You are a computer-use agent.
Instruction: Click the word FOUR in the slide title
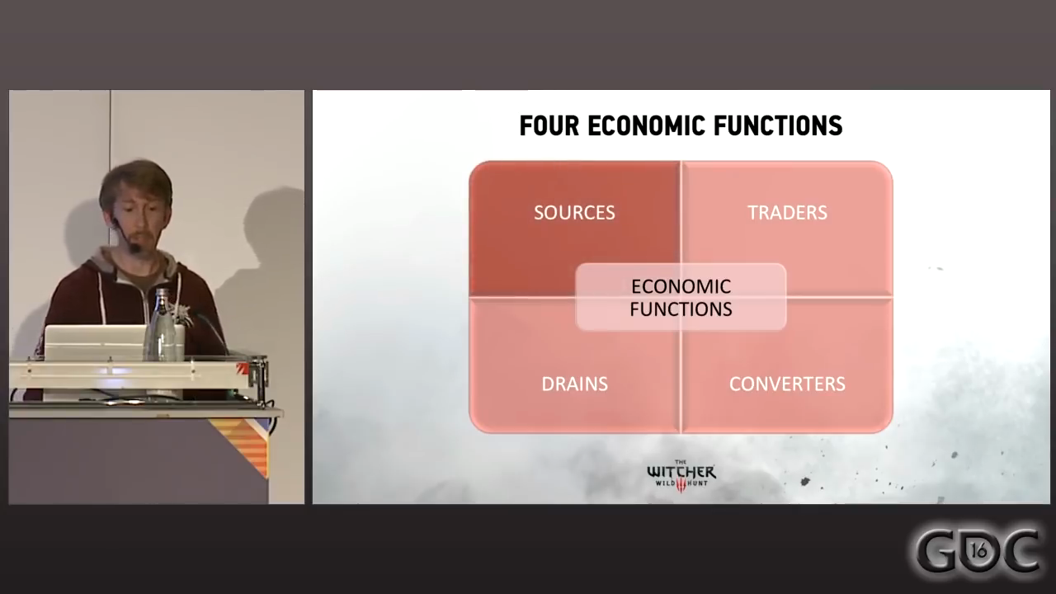tap(549, 126)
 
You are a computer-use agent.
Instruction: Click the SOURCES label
tap(574, 213)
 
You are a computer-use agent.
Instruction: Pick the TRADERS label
tap(787, 213)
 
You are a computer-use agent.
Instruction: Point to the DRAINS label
tap(574, 384)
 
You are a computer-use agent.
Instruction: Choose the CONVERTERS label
tap(787, 384)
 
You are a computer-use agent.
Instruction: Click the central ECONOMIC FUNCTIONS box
tap(681, 298)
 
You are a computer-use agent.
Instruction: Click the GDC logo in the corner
tap(978, 550)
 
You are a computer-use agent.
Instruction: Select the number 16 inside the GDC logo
tap(979, 548)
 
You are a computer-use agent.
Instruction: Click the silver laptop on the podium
tap(95, 342)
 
